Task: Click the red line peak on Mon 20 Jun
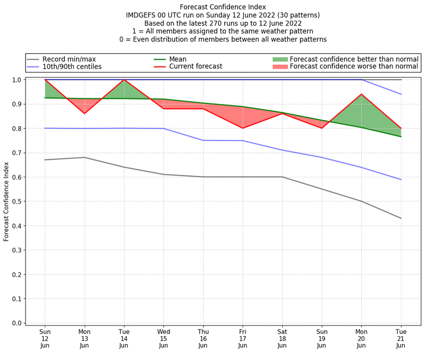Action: [362, 94]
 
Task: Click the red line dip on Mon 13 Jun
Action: [84, 113]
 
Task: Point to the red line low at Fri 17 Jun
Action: [243, 128]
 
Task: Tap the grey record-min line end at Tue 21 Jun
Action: [402, 218]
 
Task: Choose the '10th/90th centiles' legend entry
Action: [72, 67]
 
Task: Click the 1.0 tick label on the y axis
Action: [17, 80]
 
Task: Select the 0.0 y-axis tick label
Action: [17, 323]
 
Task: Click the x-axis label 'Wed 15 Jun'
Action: [163, 339]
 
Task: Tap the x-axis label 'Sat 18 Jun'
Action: [282, 339]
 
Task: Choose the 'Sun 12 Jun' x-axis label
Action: [45, 339]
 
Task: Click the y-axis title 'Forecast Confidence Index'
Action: [7, 201]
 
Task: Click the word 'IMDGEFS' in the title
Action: [142, 15]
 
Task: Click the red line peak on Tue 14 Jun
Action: [124, 80]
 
